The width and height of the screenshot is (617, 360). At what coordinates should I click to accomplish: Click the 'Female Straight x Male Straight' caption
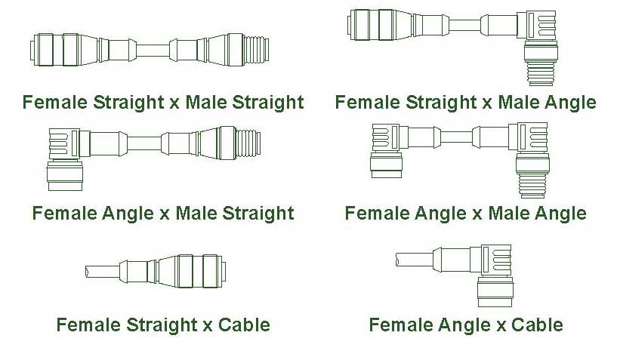pyautogui.click(x=163, y=103)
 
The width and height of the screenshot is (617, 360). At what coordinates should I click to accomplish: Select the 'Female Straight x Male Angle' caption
pyautogui.click(x=465, y=103)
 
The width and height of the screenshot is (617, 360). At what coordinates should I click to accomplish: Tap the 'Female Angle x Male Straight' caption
pyautogui.click(x=163, y=214)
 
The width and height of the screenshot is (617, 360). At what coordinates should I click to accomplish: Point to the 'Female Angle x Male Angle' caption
pyautogui.click(x=465, y=214)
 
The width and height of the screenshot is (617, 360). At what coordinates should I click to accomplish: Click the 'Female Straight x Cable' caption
pyautogui.click(x=163, y=325)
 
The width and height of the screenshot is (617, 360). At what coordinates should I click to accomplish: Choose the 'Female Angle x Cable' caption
pyautogui.click(x=466, y=325)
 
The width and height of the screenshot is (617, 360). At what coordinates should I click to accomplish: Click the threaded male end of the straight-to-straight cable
pyautogui.click(x=256, y=50)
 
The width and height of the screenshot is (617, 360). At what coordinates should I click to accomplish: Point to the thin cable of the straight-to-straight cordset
pyautogui.click(x=153, y=51)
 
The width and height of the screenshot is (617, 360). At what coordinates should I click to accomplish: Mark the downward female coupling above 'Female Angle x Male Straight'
pyautogui.click(x=65, y=176)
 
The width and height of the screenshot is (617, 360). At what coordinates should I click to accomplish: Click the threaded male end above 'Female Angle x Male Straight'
pyautogui.click(x=248, y=143)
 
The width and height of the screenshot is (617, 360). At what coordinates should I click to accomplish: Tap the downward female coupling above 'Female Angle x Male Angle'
pyautogui.click(x=386, y=165)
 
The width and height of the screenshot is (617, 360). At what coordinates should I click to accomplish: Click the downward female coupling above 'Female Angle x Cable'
pyautogui.click(x=495, y=291)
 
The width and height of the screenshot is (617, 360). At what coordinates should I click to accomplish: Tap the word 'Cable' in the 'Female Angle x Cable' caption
pyautogui.click(x=537, y=325)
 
